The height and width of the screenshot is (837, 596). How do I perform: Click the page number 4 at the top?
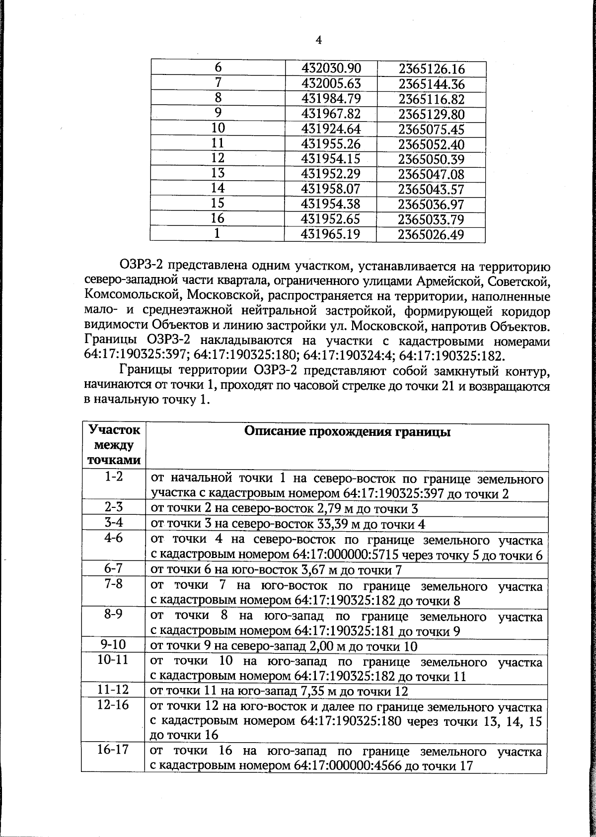[x=318, y=40]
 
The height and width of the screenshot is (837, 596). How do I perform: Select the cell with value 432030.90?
[x=331, y=69]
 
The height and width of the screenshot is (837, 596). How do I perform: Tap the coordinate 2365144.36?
[x=431, y=84]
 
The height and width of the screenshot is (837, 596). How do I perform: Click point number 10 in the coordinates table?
[x=218, y=128]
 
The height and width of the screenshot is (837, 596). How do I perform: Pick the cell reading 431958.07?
[x=331, y=189]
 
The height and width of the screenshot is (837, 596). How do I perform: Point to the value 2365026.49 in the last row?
[x=431, y=234]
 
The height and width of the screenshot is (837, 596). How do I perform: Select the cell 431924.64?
[x=331, y=129]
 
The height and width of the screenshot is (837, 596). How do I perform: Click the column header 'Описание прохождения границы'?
[x=347, y=431]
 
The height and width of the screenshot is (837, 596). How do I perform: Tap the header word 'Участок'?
[x=114, y=429]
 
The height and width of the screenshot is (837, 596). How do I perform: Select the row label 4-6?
[x=114, y=538]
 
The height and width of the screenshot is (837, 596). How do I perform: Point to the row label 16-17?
[x=114, y=750]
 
